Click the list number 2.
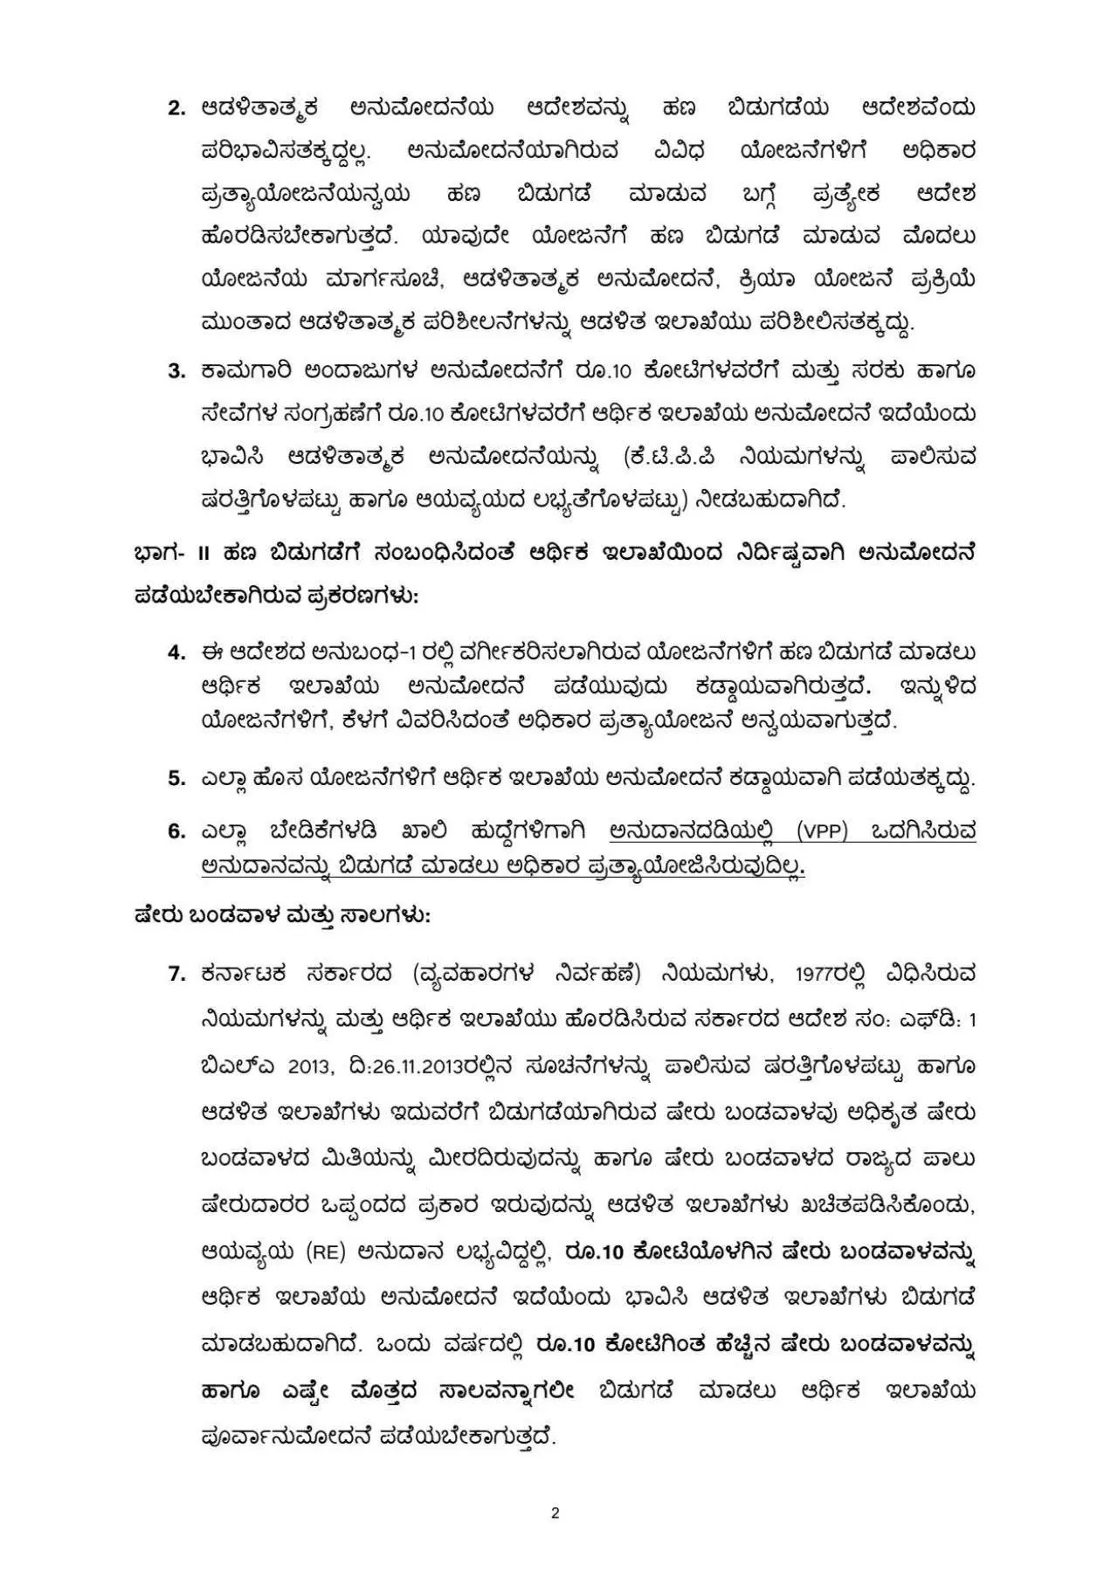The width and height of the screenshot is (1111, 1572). click(x=176, y=109)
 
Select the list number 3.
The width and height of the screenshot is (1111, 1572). click(x=176, y=370)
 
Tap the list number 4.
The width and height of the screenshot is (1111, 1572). click(x=176, y=652)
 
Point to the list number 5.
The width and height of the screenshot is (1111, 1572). click(x=176, y=778)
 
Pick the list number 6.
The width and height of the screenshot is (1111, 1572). click(x=176, y=831)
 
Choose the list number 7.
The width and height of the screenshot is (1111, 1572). click(x=176, y=973)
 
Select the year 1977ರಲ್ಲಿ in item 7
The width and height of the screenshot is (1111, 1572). click(x=841, y=973)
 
